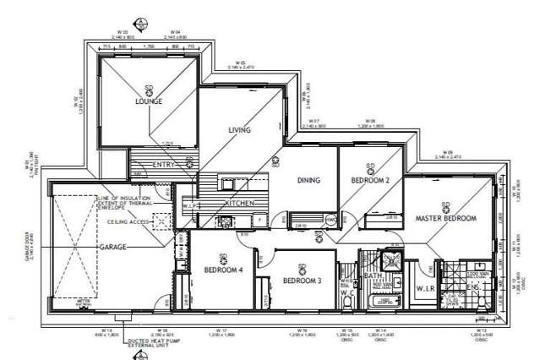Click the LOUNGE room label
[x=148, y=101]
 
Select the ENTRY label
[x=163, y=164]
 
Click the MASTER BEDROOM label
[x=445, y=218]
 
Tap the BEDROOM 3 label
[x=302, y=280]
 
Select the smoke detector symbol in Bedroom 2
[x=369, y=166]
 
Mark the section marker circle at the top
[x=140, y=21]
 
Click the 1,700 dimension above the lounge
[x=148, y=47]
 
